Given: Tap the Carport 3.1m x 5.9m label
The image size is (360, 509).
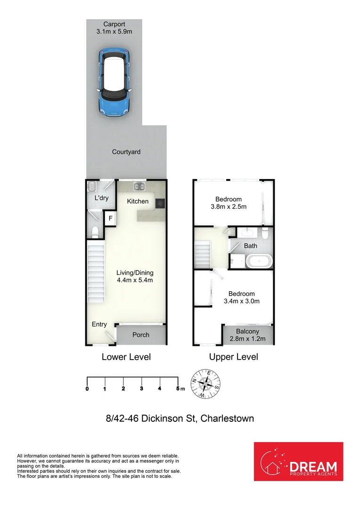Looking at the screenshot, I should [x=114, y=28].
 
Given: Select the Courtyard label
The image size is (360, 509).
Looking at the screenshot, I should [x=126, y=152].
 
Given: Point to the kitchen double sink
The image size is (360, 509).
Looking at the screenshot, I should [x=139, y=187].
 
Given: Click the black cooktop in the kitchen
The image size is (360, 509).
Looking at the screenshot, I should [x=160, y=203].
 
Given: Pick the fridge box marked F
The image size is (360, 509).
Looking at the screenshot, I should [x=110, y=219].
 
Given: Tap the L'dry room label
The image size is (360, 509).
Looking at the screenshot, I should [x=101, y=198].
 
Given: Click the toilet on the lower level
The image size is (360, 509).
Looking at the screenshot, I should [x=95, y=231].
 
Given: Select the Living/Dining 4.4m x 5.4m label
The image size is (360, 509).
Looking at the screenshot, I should [x=135, y=276].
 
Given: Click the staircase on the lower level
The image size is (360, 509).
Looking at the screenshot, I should [x=96, y=271].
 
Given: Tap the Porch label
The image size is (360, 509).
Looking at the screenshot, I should [x=140, y=335].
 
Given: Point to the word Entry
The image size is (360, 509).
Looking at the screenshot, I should [x=99, y=324].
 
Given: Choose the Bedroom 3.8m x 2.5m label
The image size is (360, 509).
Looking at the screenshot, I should [x=229, y=203].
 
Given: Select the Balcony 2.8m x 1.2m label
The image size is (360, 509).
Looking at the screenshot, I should [x=247, y=335].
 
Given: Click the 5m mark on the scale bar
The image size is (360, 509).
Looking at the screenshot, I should [x=178, y=388].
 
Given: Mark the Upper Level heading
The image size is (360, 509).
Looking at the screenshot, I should [x=234, y=357].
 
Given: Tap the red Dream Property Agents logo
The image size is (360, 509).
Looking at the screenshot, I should [x=298, y=461].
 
